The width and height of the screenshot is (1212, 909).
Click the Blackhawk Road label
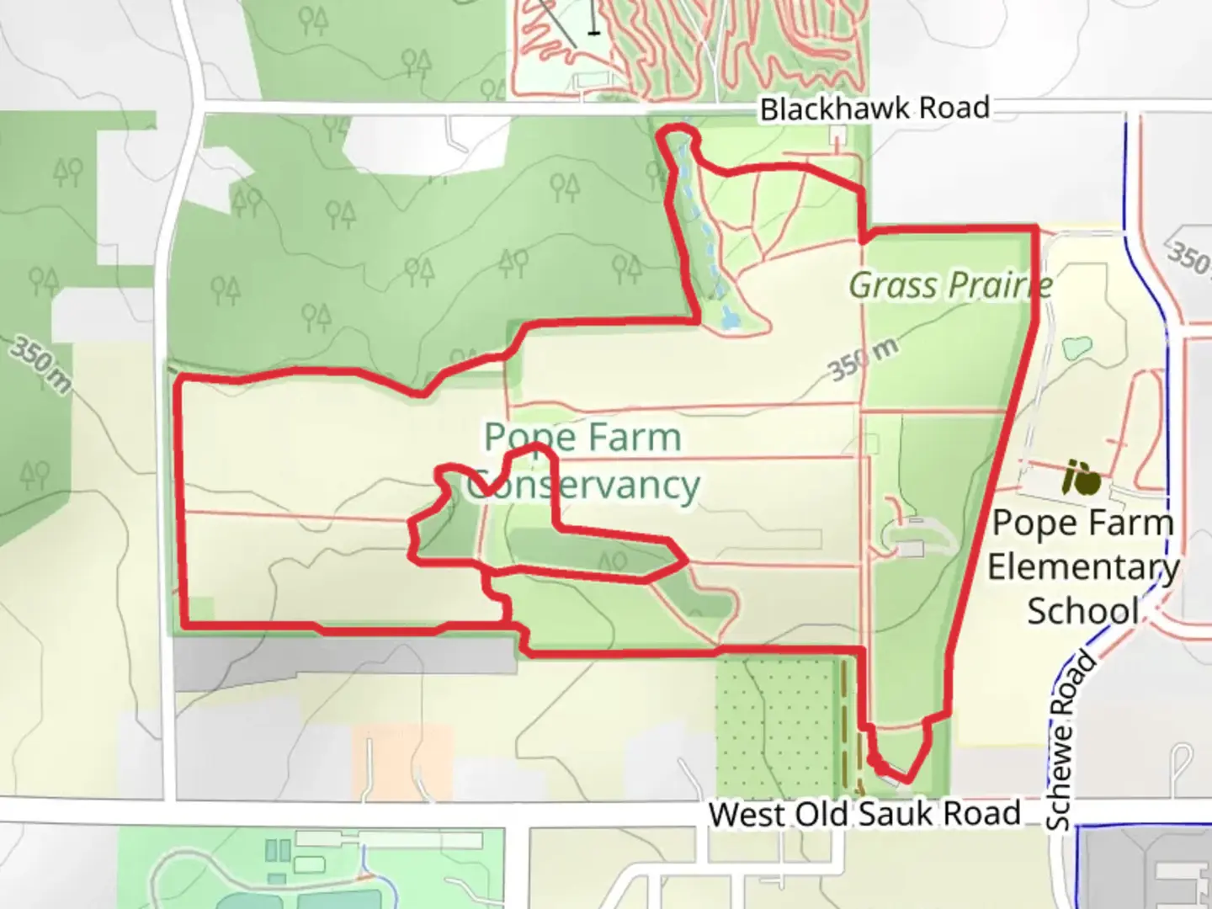pos(874,109)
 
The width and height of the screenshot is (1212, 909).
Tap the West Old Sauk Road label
pos(864,814)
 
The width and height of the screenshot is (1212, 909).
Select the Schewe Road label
pos(1071,742)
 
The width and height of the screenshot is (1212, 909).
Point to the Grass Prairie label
pos(950,285)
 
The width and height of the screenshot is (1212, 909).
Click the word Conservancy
pos(583,486)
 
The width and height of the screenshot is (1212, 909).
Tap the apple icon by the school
pos(1081,478)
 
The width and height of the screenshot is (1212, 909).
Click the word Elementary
pos(1083,566)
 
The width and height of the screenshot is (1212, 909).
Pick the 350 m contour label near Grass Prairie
pos(863,359)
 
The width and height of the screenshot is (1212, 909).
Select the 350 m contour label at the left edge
pos(40,364)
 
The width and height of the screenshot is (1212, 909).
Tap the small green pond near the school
pos(1077,347)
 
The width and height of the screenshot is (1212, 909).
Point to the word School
pos(1083,610)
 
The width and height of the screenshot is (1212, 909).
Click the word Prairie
pos(997,285)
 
